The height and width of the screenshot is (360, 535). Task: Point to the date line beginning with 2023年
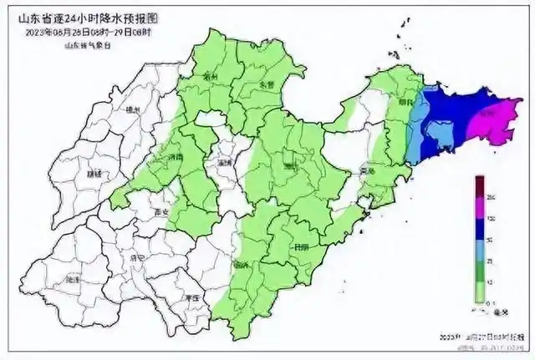pyautogui.click(x=91, y=33)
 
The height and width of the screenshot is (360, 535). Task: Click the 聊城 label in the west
pyautogui.click(x=94, y=174)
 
